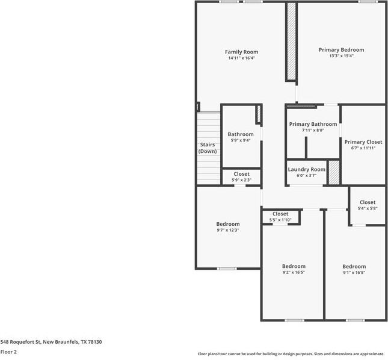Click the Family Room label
point(241,52)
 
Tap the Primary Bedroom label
point(341,50)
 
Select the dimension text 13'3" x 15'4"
point(341,56)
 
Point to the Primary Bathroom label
point(313,124)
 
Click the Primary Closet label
point(363,142)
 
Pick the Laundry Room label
point(306,170)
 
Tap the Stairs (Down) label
point(208,147)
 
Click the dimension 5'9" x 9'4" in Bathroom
point(241,140)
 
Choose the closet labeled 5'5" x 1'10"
point(280,217)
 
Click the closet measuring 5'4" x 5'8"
point(368,205)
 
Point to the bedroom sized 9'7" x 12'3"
point(228,227)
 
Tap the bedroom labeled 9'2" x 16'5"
point(294,269)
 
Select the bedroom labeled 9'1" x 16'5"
point(354,269)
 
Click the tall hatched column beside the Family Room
point(291,42)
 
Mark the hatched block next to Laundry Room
point(334,173)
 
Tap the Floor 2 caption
point(9,352)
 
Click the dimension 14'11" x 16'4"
point(241,58)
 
